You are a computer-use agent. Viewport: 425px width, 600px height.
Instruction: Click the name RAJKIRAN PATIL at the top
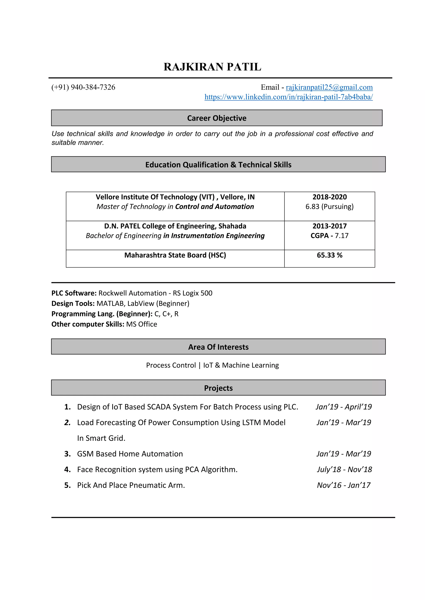coord(212,67)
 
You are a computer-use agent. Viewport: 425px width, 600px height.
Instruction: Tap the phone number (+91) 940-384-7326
coord(83,87)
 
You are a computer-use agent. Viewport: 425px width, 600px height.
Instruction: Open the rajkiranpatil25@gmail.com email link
coord(329,87)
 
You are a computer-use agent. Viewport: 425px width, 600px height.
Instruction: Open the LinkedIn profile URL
coord(288,97)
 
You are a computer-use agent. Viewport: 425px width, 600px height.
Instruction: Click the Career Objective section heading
coord(217,118)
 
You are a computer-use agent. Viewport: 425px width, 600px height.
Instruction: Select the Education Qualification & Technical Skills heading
coord(218,165)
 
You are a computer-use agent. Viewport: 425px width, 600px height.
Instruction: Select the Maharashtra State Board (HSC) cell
coord(175,255)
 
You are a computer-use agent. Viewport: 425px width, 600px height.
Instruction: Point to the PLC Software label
coord(74,293)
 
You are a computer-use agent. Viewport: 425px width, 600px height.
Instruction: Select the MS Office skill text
coord(142,324)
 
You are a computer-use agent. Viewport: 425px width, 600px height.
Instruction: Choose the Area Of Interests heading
coord(218,347)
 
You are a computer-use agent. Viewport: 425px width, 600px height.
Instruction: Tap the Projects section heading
coord(218,388)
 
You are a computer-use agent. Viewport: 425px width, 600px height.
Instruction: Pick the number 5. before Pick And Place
coord(67,485)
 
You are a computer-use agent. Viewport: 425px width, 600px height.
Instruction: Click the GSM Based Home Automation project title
coord(130,454)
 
